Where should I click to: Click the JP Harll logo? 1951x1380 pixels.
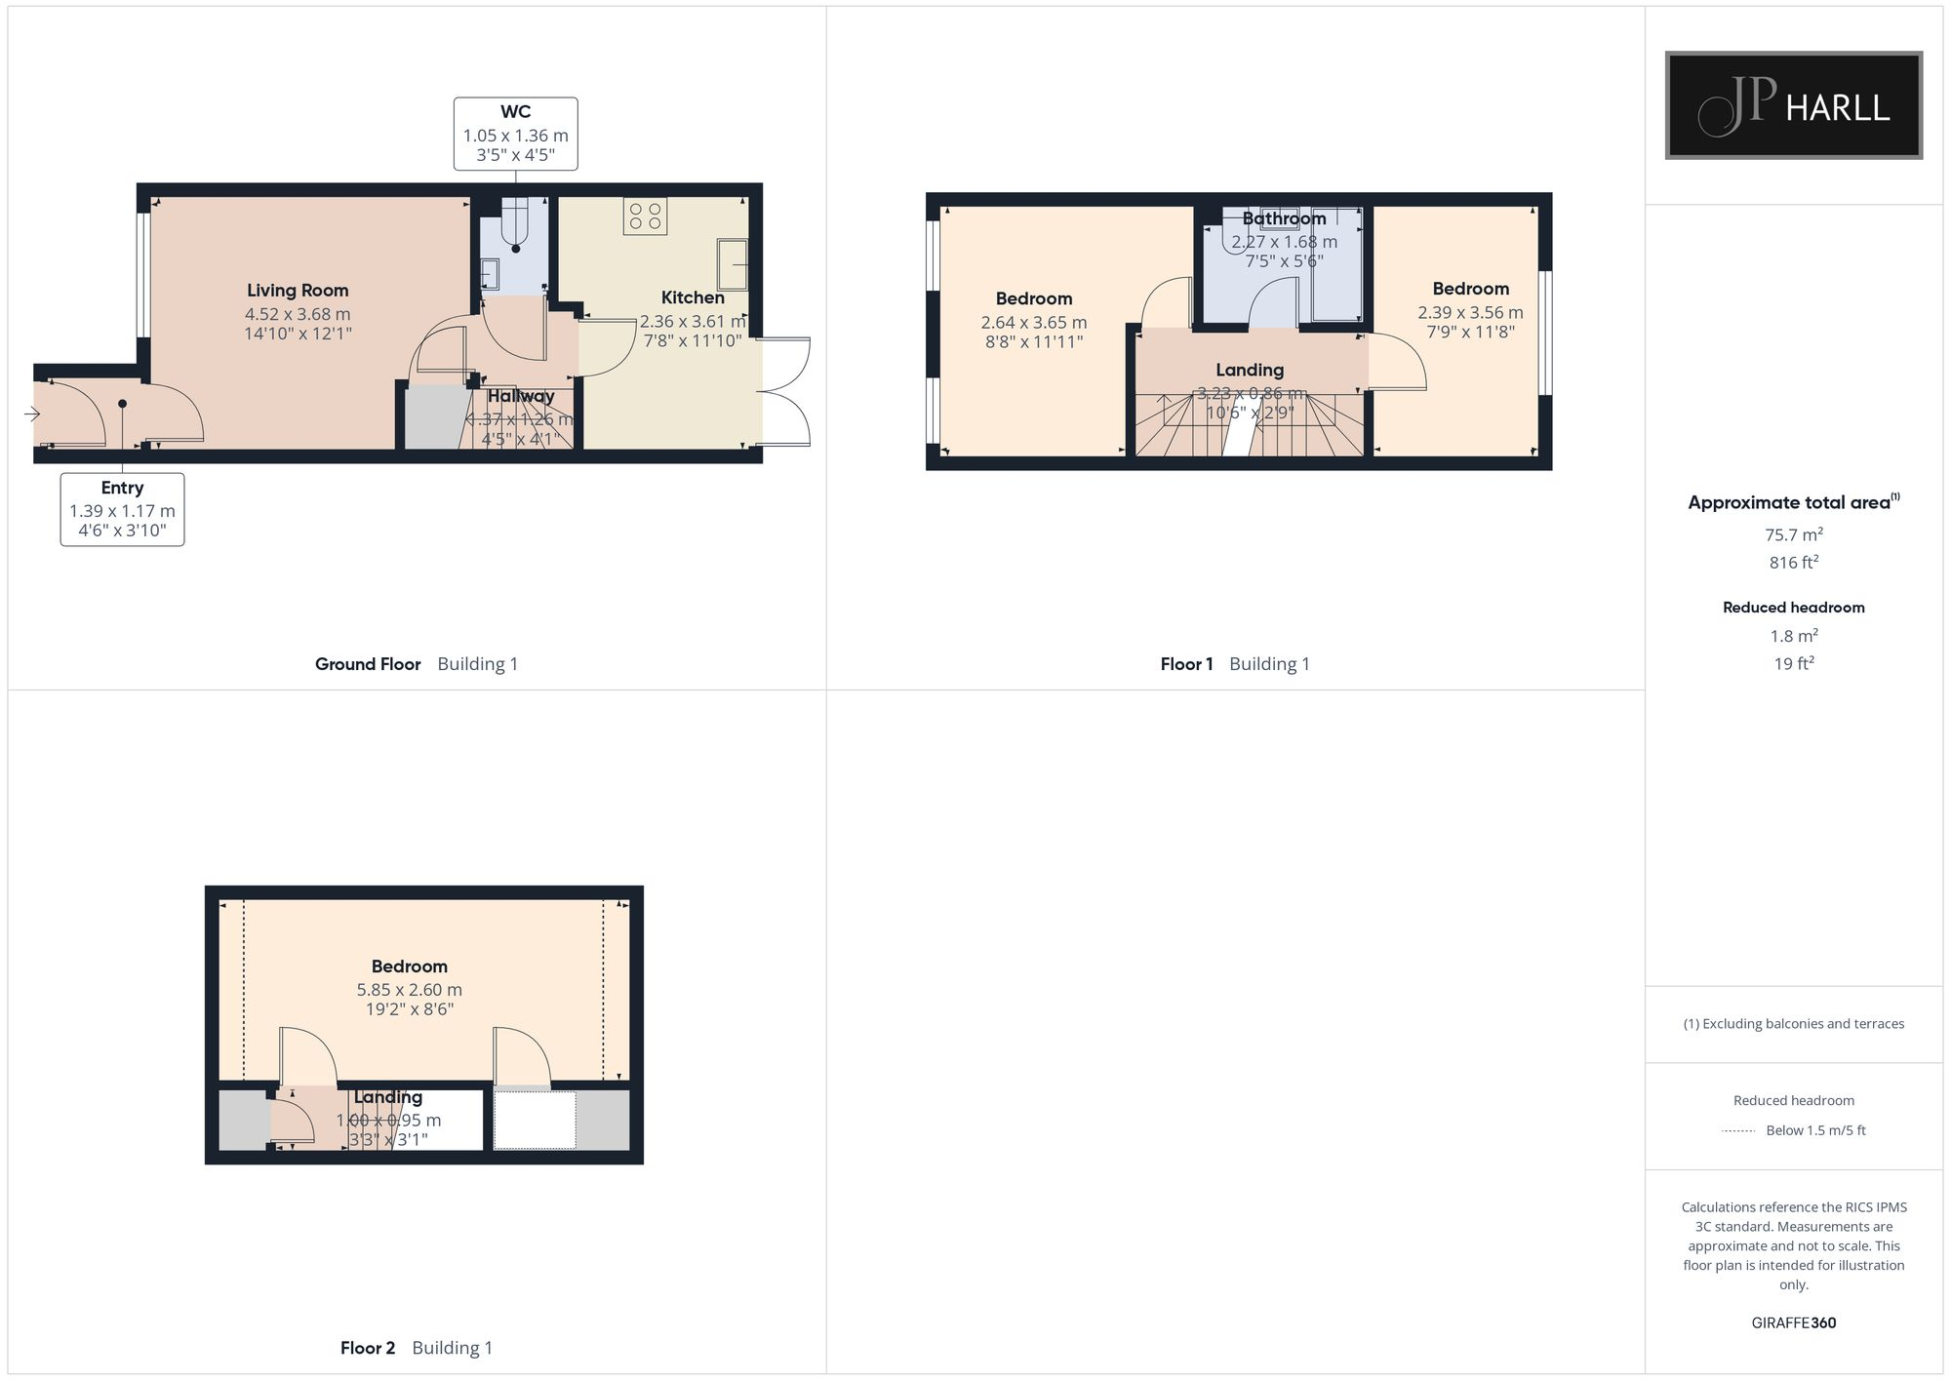[1793, 105]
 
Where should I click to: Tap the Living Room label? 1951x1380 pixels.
[298, 291]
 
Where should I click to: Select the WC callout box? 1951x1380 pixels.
[515, 134]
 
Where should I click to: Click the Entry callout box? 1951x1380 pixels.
[122, 509]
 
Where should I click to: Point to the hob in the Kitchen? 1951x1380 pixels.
[645, 217]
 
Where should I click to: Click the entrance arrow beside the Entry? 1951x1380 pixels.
[32, 414]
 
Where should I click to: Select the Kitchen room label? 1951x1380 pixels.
[693, 298]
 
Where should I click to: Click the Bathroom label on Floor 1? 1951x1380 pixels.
[1284, 219]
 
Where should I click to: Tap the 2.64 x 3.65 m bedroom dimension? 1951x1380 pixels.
[1034, 323]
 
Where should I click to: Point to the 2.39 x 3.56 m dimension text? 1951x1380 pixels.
[1470, 313]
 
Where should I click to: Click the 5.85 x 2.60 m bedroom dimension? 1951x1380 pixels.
[410, 990]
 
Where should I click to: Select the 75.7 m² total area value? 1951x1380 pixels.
[1793, 534]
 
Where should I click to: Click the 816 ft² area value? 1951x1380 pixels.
[1793, 563]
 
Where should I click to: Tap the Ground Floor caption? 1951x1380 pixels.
[368, 664]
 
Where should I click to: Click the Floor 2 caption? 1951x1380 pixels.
[368, 1348]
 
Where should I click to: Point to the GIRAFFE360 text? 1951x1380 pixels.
[1793, 1323]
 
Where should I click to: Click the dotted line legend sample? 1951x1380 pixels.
[1738, 1131]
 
